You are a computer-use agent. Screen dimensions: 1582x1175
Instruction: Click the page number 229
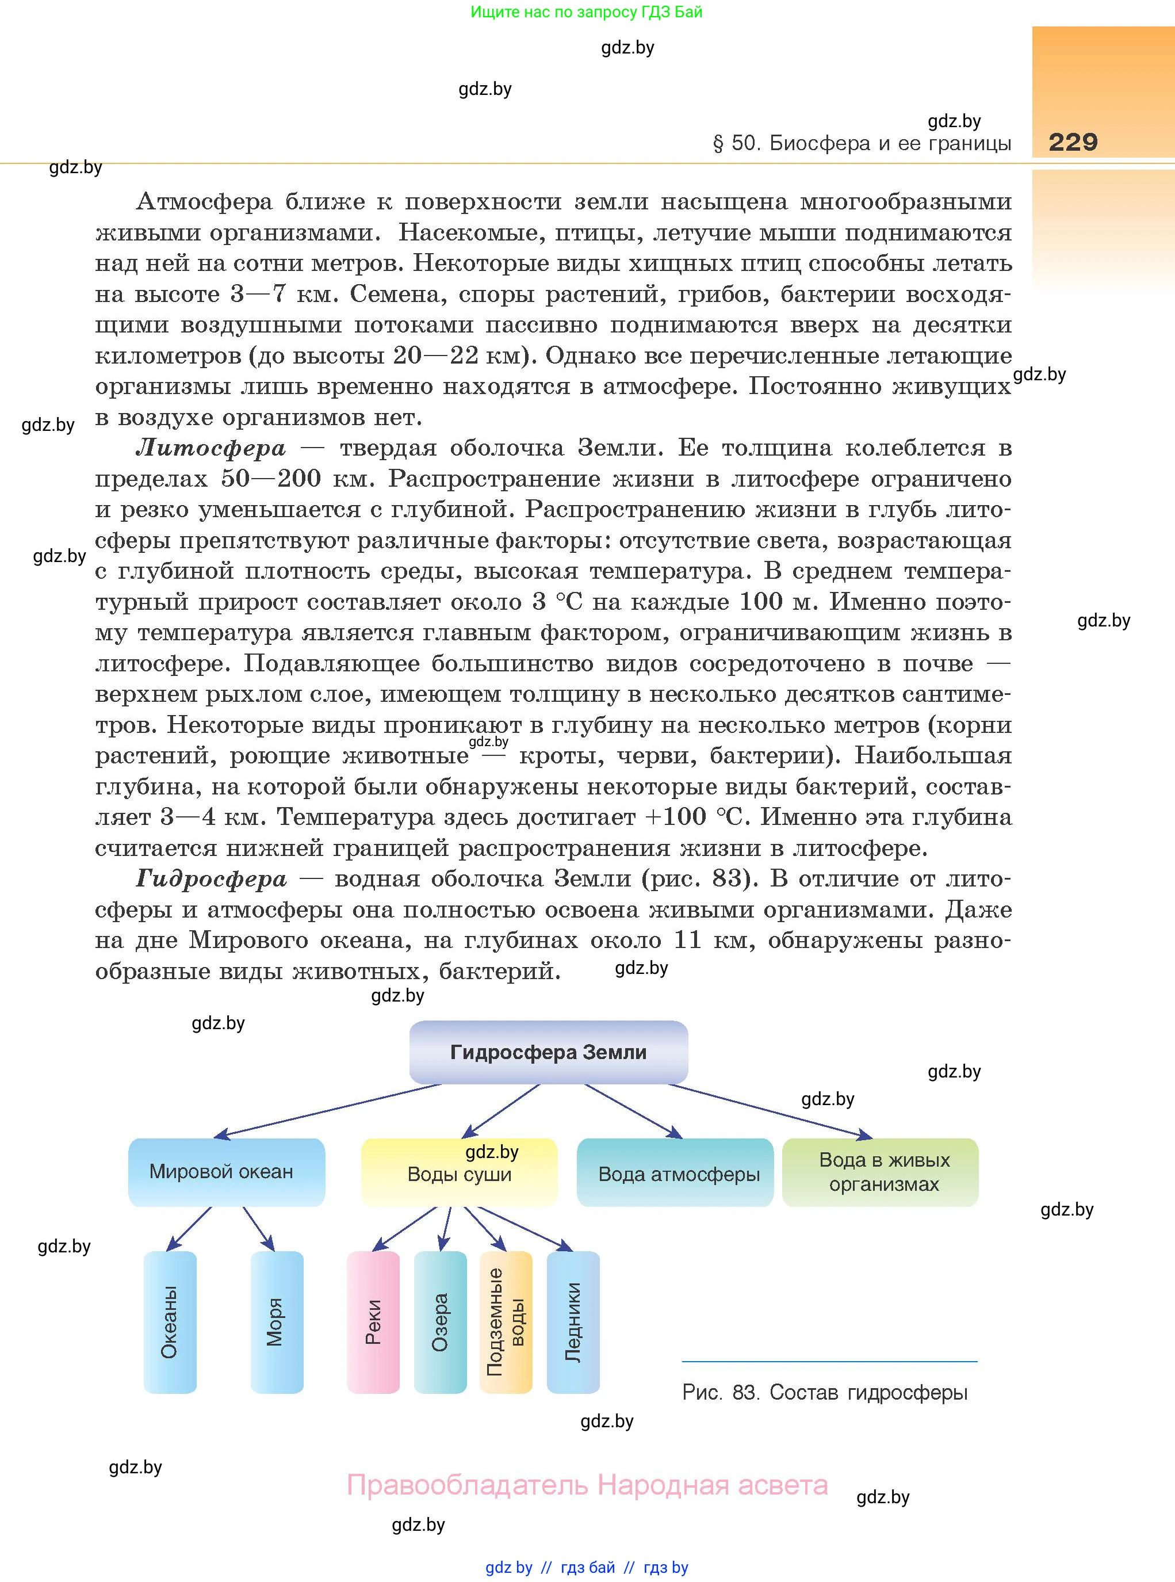coord(1073,142)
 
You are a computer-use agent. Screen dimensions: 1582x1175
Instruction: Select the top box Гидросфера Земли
coord(548,1052)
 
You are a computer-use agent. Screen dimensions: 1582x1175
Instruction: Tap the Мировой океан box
coord(226,1172)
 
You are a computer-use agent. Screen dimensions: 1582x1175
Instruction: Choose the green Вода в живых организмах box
coord(880,1172)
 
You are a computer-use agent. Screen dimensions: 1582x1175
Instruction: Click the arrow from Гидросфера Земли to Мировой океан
coord(327,1110)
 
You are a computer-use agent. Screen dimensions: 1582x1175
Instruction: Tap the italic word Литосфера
coord(211,448)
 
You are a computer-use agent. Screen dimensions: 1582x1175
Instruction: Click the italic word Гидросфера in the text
coord(211,879)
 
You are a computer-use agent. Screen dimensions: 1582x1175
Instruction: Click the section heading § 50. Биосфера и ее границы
coord(862,144)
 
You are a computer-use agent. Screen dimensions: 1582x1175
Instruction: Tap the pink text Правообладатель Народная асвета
coord(587,1485)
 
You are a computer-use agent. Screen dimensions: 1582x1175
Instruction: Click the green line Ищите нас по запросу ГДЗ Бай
coord(586,12)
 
